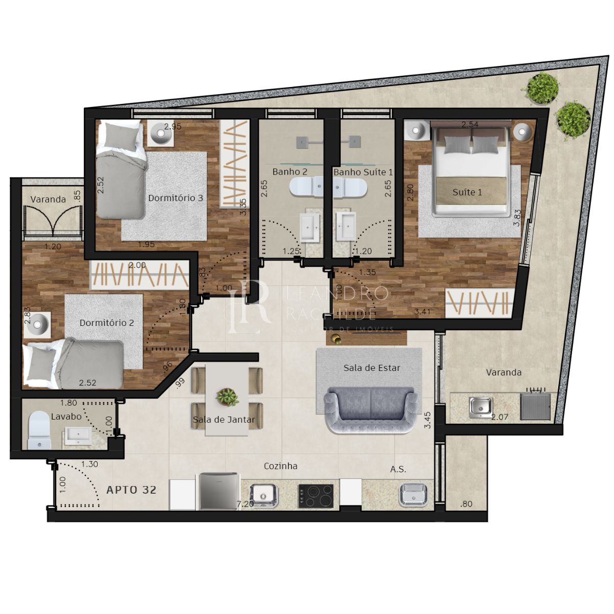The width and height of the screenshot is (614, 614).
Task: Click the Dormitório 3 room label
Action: [x=176, y=198]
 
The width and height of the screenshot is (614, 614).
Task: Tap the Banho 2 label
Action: [x=290, y=172]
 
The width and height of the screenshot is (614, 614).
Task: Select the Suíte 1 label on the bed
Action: [x=467, y=192]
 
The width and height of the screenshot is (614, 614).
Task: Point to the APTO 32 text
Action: [x=131, y=490]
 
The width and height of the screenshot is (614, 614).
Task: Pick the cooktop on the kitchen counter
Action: [x=316, y=496]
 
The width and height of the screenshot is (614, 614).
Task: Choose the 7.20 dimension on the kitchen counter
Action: [x=245, y=504]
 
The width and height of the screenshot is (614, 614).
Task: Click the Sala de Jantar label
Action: [x=224, y=420]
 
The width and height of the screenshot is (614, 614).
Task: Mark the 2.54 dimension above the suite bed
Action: [x=470, y=124]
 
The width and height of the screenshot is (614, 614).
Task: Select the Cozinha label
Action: [x=280, y=466]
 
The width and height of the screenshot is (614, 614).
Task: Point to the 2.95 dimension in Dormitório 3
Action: [x=172, y=126]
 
